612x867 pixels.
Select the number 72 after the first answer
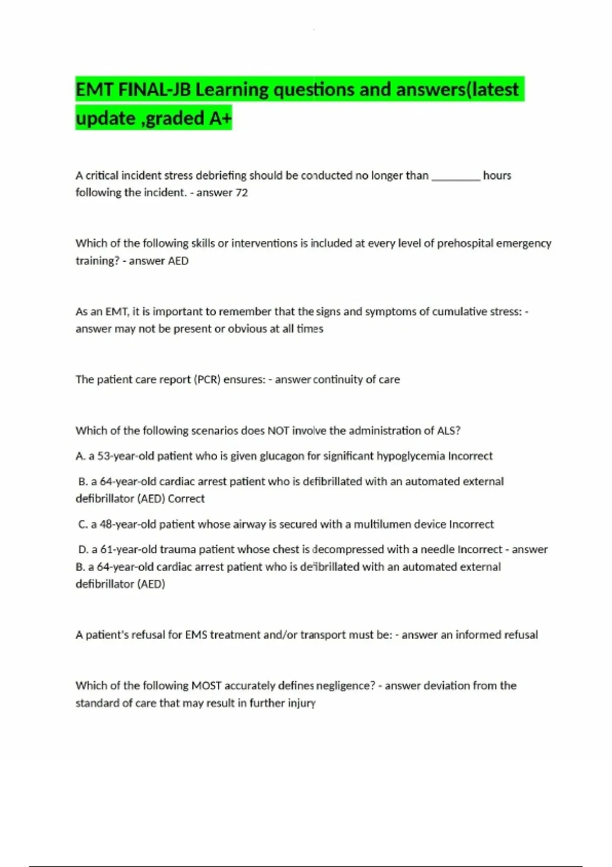(x=241, y=193)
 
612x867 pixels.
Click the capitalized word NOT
(x=278, y=431)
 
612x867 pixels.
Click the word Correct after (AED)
(x=186, y=499)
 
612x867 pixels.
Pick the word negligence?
(x=345, y=686)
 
